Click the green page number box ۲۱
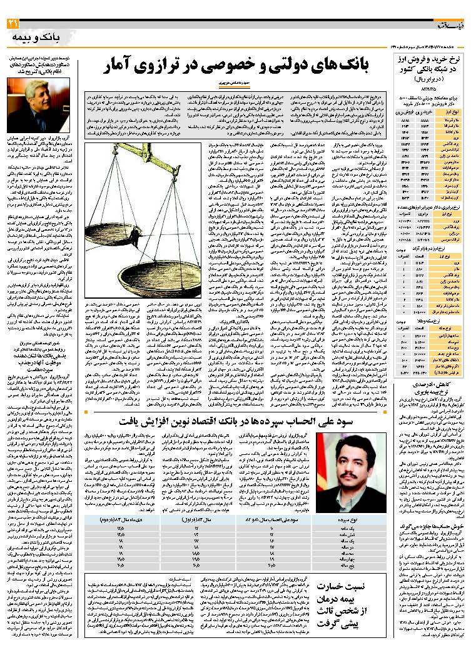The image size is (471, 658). click(x=13, y=24)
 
